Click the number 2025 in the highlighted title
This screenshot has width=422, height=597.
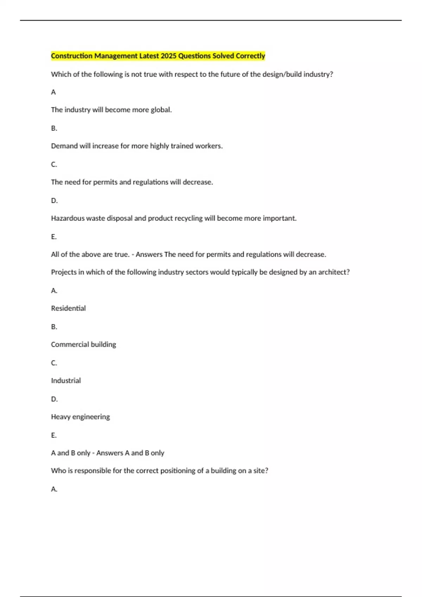(168, 56)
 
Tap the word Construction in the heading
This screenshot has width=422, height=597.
(72, 56)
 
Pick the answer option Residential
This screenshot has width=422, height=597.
(68, 308)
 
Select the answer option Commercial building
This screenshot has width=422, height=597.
(83, 345)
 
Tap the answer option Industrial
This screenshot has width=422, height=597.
(66, 381)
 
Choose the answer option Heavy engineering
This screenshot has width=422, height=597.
(80, 417)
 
